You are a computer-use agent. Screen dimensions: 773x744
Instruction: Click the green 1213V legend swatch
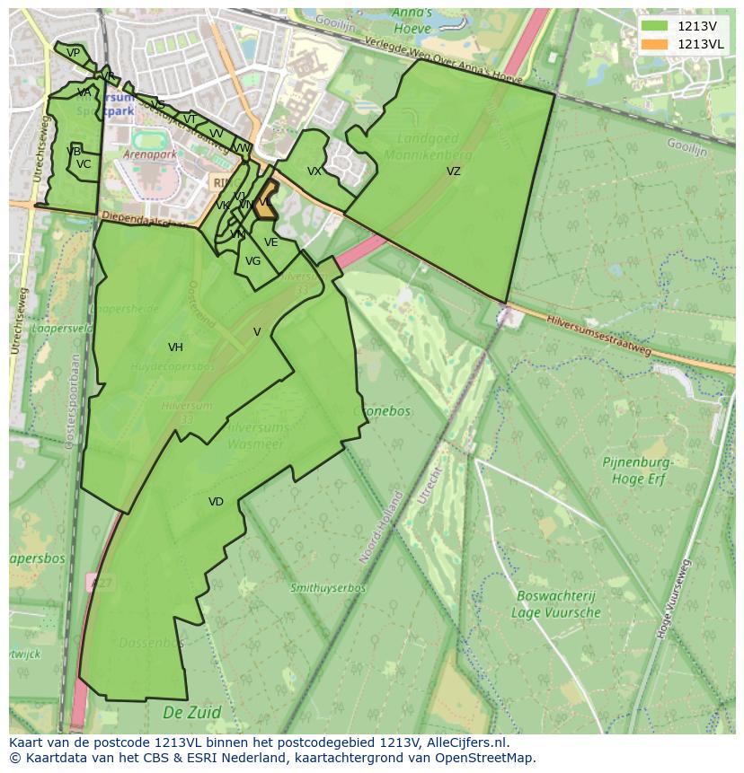(655, 26)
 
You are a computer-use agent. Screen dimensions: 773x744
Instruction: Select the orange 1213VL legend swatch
(655, 44)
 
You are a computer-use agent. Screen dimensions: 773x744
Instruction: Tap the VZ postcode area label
(453, 171)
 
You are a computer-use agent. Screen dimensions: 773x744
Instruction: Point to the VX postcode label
(314, 171)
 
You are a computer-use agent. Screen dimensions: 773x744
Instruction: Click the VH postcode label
(175, 347)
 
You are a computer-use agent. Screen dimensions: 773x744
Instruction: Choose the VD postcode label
(216, 502)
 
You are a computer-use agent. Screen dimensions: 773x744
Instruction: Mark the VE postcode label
(270, 242)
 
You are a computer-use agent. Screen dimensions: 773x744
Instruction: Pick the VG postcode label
(252, 261)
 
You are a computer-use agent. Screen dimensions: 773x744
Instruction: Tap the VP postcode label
(73, 53)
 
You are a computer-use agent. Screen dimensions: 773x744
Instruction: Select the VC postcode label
(84, 164)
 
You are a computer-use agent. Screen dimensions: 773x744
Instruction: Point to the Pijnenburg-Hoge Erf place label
(638, 470)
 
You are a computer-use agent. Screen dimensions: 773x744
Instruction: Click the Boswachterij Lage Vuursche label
(555, 603)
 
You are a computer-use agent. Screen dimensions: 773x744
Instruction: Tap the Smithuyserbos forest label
(327, 588)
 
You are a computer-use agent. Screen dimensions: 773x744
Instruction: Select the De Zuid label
(191, 713)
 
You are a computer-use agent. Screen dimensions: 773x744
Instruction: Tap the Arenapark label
(149, 154)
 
